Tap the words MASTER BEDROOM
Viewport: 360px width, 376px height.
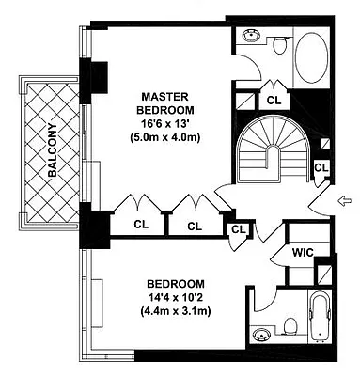pos(165,104)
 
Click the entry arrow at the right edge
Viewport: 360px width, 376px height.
pos(346,199)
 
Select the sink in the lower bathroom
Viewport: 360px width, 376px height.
pos(259,335)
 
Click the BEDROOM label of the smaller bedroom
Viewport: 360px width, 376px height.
pos(175,284)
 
